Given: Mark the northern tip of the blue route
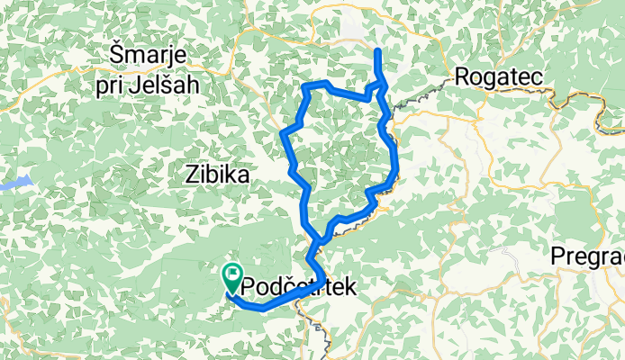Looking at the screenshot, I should click(x=377, y=50).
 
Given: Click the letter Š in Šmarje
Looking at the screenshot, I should click(x=115, y=55).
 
